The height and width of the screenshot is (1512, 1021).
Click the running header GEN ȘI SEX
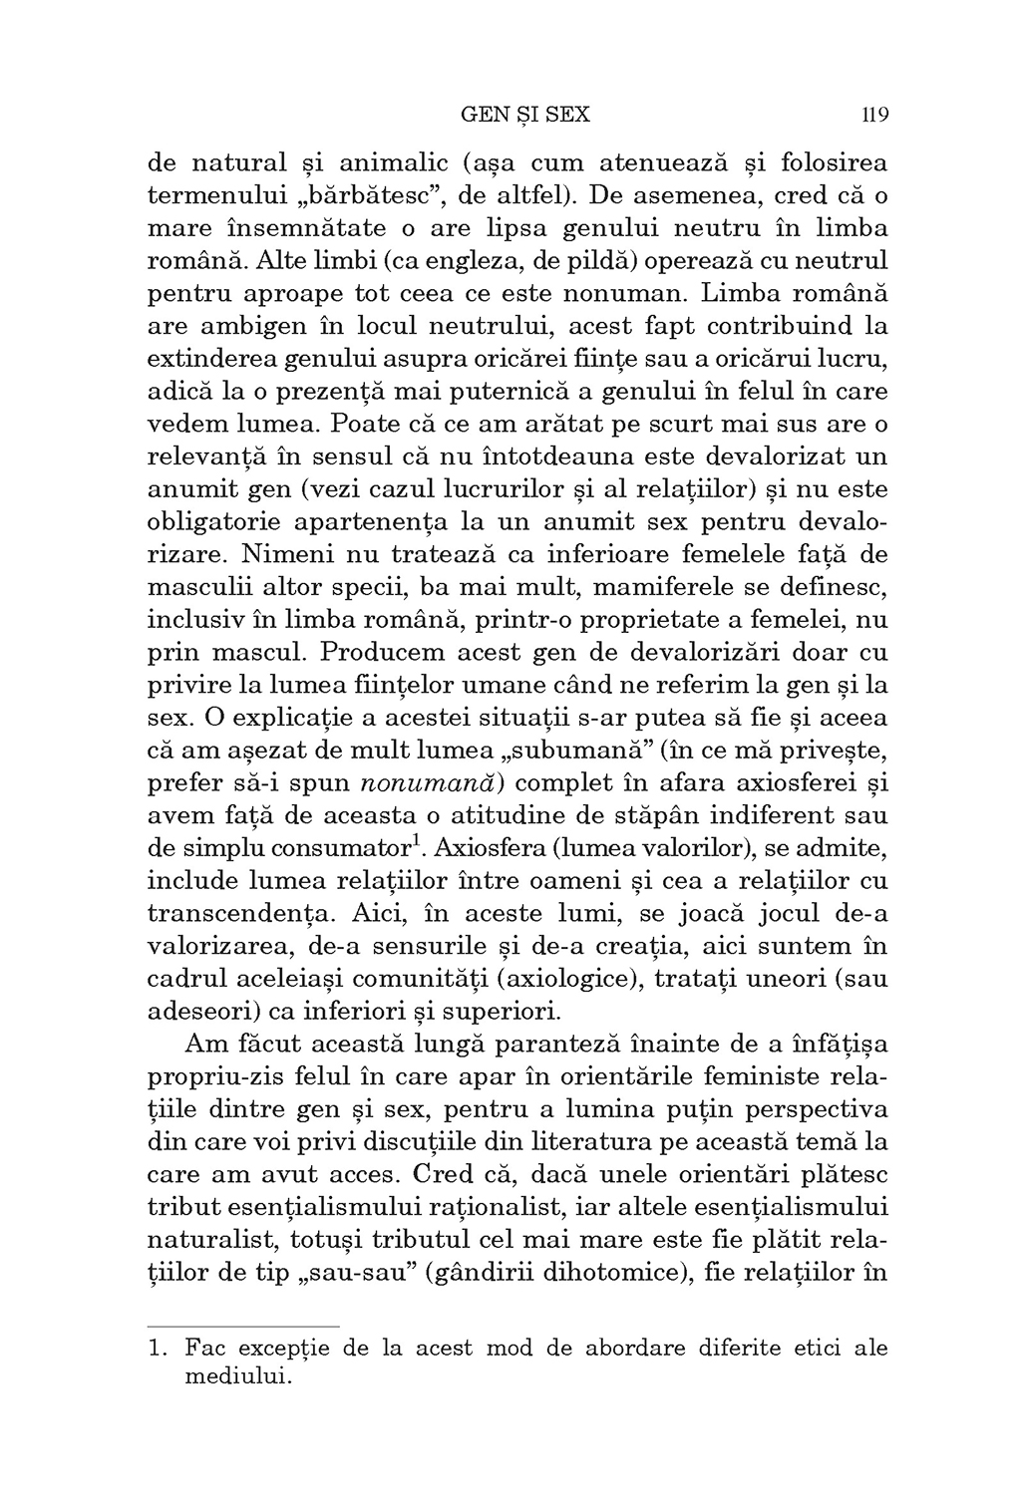pyautogui.click(x=526, y=115)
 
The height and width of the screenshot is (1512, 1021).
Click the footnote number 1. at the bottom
pyautogui.click(x=158, y=1350)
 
